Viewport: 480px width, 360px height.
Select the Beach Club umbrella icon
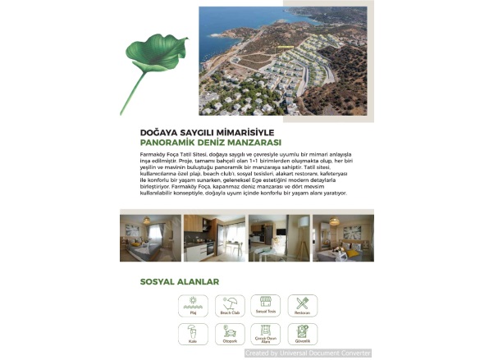(x=230, y=304)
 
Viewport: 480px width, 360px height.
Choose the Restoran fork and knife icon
(x=302, y=304)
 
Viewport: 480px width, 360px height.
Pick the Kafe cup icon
(x=193, y=332)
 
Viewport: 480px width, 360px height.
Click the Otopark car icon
(x=230, y=332)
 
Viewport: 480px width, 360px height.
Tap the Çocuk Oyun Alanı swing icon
(x=265, y=332)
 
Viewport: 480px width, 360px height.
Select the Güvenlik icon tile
(x=302, y=334)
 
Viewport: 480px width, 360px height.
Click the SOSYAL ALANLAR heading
(x=180, y=282)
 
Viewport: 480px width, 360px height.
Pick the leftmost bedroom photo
(x=150, y=238)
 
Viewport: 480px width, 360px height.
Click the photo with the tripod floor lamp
(x=279, y=238)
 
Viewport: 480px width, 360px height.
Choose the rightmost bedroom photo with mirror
(x=343, y=238)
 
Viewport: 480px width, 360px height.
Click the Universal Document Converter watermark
(x=308, y=353)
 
